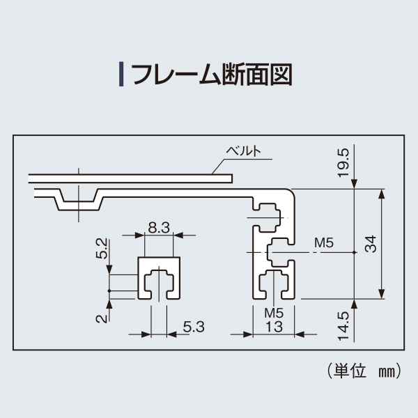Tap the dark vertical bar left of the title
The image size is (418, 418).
(x=122, y=73)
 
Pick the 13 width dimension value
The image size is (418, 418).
(x=274, y=325)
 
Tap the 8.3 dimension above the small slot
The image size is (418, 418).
(x=159, y=226)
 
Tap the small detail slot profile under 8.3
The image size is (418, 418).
(x=159, y=279)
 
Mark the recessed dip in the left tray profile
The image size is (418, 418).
(x=78, y=200)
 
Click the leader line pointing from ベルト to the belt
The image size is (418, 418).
(x=217, y=166)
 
